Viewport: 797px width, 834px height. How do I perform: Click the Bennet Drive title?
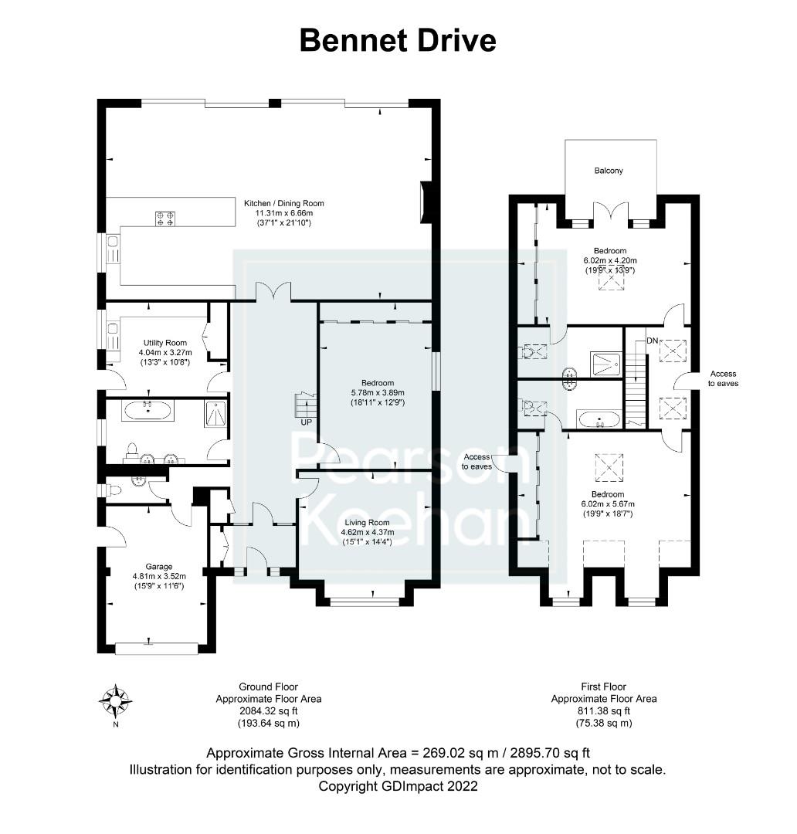pyautogui.click(x=398, y=40)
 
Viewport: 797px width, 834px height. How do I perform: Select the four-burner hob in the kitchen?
pyautogui.click(x=165, y=219)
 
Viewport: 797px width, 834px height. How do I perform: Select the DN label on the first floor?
pyautogui.click(x=631, y=340)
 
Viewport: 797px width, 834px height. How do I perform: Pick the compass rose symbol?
pyautogui.click(x=114, y=700)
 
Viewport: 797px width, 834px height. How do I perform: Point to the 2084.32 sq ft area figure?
pyautogui.click(x=268, y=711)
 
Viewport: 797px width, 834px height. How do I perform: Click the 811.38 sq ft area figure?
pyautogui.click(x=603, y=711)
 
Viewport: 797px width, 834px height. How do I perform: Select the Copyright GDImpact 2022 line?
pyautogui.click(x=398, y=786)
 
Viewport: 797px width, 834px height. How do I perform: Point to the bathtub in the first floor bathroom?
pyautogui.click(x=599, y=421)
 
